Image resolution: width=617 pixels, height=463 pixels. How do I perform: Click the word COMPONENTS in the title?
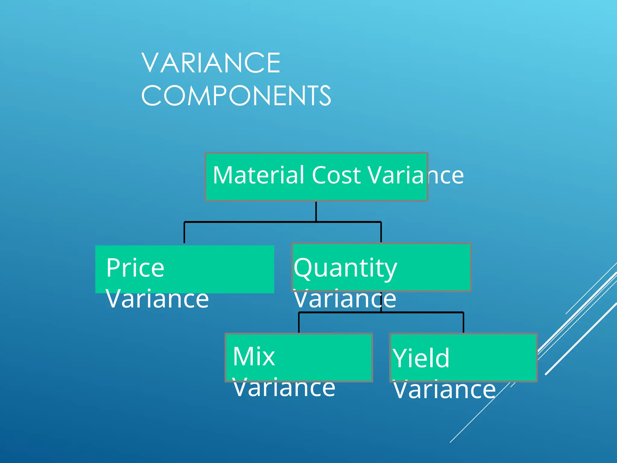pos(236,96)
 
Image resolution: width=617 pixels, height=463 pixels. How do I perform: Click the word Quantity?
pos(345,268)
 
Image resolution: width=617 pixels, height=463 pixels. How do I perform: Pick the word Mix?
pos(254,356)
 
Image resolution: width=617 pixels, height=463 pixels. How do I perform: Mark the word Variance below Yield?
pos(444,390)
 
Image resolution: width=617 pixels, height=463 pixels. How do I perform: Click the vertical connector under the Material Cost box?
pos(316,211)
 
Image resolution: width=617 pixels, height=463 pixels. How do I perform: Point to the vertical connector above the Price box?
pos(184,233)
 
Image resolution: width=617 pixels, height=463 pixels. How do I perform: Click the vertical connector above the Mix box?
pos(299,323)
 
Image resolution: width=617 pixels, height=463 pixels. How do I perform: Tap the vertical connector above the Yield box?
pos(463,323)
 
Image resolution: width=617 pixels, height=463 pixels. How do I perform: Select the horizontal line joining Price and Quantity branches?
pos(250,222)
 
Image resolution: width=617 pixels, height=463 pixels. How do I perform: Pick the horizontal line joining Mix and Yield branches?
pos(422,313)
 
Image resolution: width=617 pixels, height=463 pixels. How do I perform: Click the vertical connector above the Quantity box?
pos(381,232)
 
